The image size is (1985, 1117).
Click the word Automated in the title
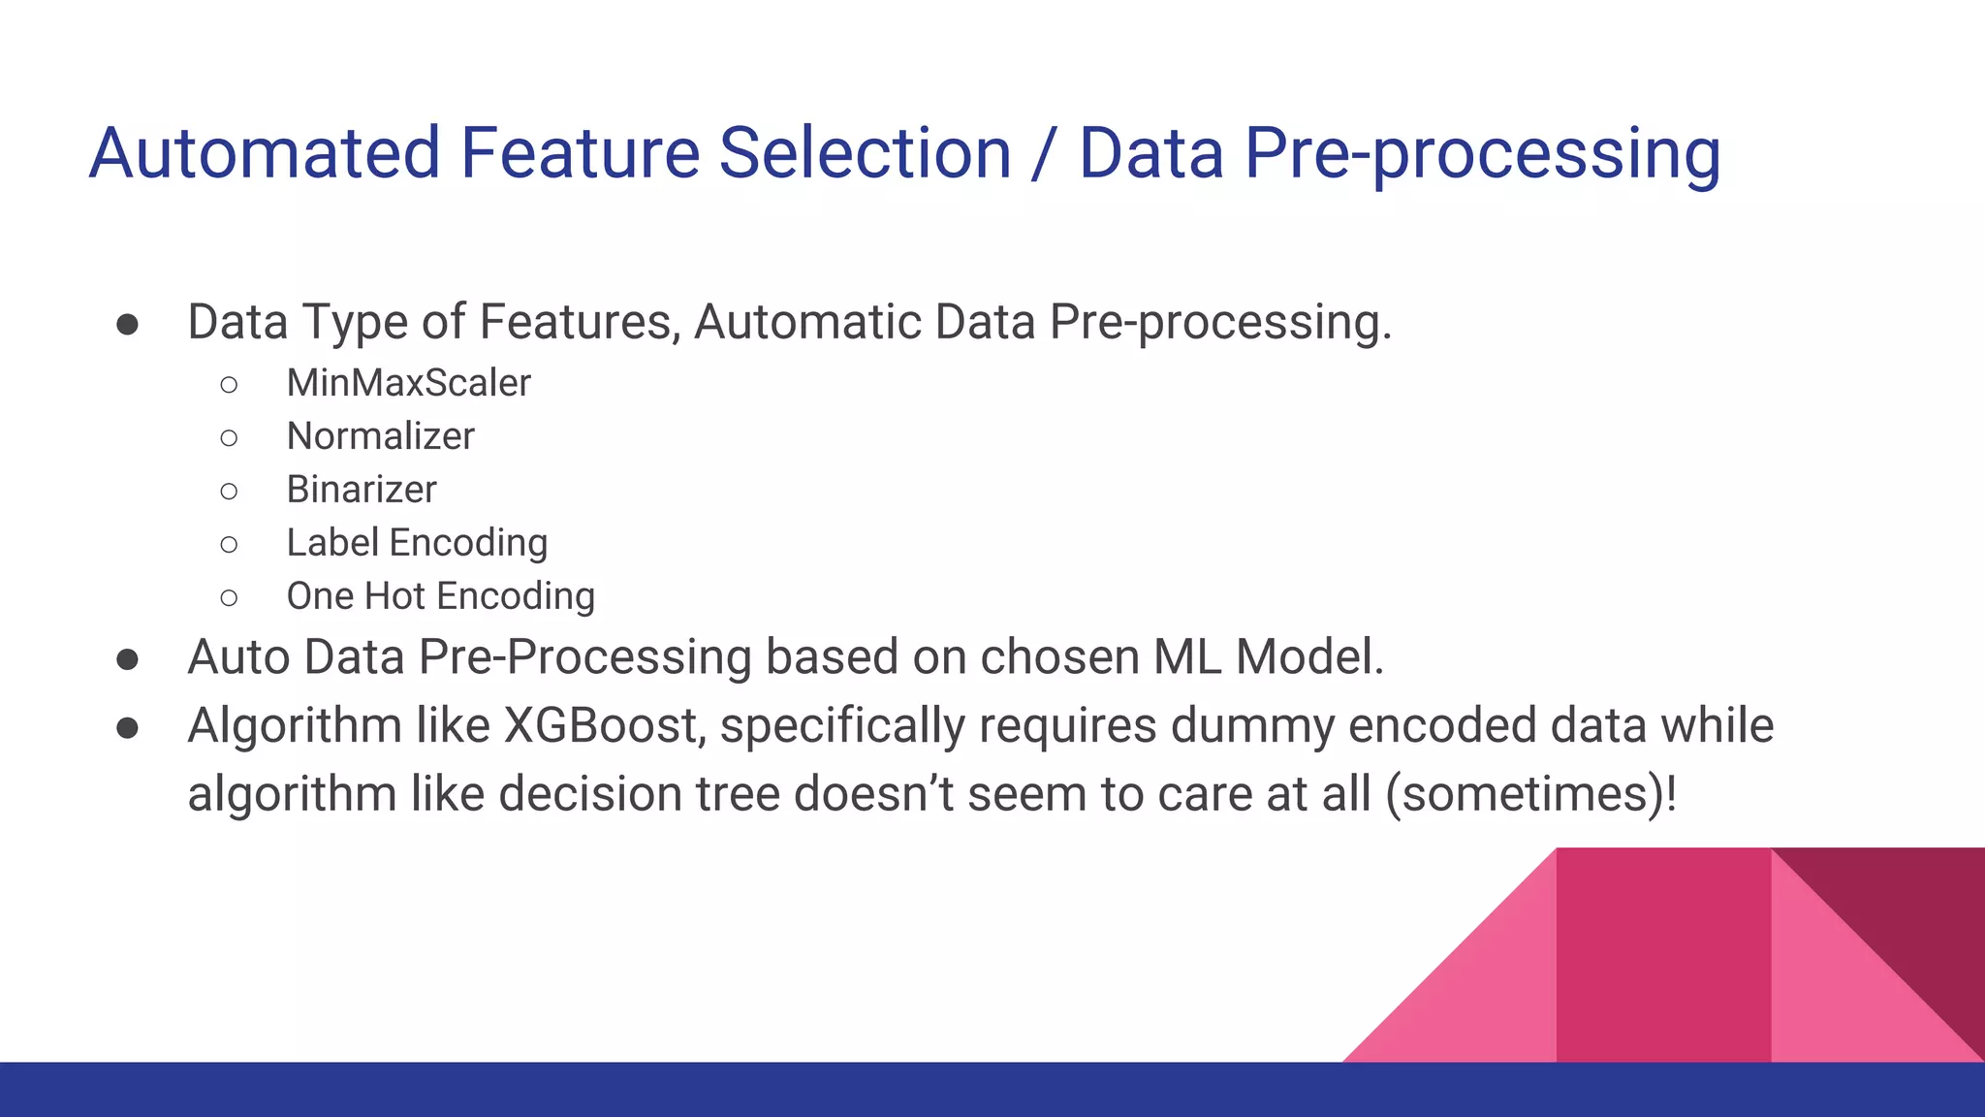pos(265,153)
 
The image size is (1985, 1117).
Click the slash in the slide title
pos(1044,153)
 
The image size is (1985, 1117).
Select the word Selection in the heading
pos(865,153)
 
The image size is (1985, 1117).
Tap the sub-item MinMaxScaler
pos(408,383)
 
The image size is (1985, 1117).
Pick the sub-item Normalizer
pos(380,436)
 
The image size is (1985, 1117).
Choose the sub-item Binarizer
pos(361,490)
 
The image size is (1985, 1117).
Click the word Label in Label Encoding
pos(331,543)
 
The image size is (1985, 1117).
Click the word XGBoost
pos(604,725)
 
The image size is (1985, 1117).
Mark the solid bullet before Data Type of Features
pos(127,324)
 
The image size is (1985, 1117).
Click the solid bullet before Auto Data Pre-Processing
pos(127,660)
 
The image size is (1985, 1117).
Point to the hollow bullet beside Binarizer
pos(229,492)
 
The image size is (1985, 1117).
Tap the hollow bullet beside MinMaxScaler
pos(229,385)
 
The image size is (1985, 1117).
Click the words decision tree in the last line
pos(639,794)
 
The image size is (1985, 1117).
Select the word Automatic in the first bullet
pos(806,322)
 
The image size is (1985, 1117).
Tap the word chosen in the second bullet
pos(1058,657)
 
